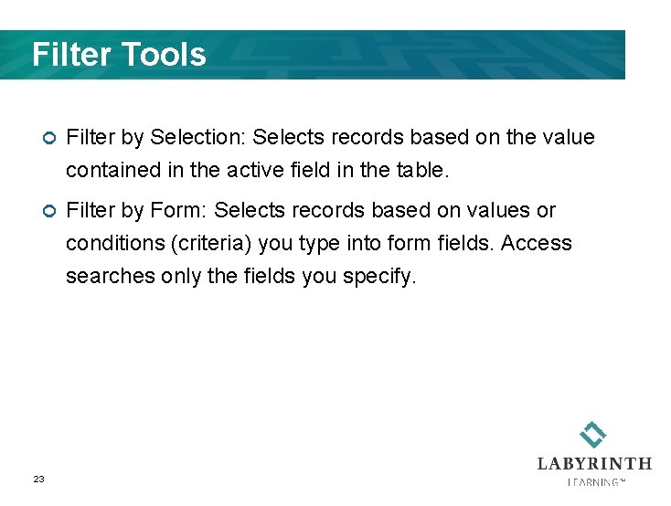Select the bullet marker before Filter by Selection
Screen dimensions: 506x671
tap(49, 138)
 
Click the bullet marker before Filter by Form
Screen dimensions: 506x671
tap(49, 211)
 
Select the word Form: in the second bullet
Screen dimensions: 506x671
tap(179, 211)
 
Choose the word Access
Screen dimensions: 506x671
tap(537, 244)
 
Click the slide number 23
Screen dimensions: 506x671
tap(38, 480)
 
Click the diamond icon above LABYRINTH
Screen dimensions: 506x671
tap(593, 434)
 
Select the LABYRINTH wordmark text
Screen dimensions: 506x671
tap(594, 463)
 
